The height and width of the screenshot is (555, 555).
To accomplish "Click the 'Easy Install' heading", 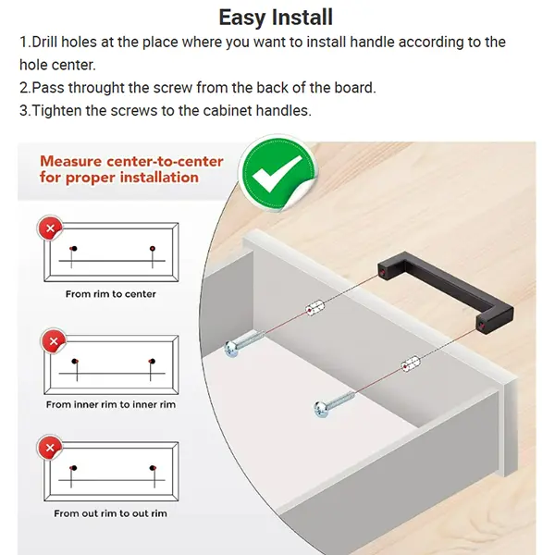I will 276,18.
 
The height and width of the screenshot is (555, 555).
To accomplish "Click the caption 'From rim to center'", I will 110,294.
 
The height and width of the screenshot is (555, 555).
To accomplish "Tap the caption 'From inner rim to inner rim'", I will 110,404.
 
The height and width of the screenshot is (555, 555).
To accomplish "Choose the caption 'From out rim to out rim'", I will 110,513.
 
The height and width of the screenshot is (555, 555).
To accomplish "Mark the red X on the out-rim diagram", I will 52,450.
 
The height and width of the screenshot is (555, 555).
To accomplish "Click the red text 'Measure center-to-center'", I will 131,161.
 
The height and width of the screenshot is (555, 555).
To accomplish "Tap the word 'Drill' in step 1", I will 46,43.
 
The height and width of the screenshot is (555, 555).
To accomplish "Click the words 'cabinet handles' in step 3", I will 277,111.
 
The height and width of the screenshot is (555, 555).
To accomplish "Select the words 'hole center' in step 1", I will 55,65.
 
